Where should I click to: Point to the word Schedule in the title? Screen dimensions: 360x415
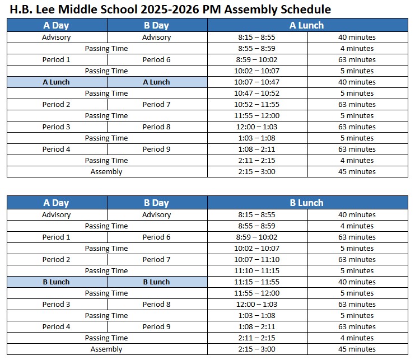302,9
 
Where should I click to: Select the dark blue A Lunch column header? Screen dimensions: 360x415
307,25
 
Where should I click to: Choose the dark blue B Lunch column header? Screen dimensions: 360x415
307,203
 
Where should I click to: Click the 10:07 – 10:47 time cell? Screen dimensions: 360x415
257,82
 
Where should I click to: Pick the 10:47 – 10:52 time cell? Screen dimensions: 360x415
257,93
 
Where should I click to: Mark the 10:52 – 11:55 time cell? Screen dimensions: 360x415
257,105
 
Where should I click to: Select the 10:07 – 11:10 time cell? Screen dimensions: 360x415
257,260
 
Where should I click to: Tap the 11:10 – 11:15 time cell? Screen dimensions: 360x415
257,271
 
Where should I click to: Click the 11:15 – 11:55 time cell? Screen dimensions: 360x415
257,282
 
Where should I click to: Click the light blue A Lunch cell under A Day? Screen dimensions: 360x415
57,82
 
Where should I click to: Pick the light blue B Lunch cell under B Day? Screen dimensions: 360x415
156,282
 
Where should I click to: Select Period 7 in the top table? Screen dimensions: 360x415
156,105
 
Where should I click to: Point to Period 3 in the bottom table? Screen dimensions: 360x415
57,305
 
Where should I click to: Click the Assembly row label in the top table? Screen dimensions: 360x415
106,172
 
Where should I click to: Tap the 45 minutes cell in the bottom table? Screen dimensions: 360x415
357,349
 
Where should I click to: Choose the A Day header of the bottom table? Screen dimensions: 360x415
57,203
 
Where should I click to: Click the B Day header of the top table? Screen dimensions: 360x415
156,25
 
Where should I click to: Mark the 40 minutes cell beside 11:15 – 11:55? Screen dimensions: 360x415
357,282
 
